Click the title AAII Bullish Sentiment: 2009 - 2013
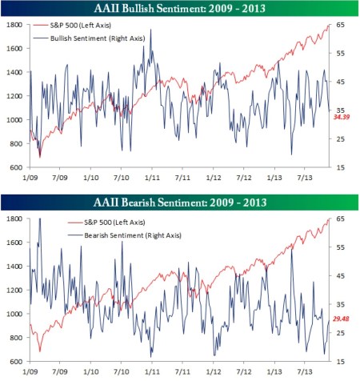point(180,9)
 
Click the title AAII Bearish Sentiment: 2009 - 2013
point(180,202)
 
